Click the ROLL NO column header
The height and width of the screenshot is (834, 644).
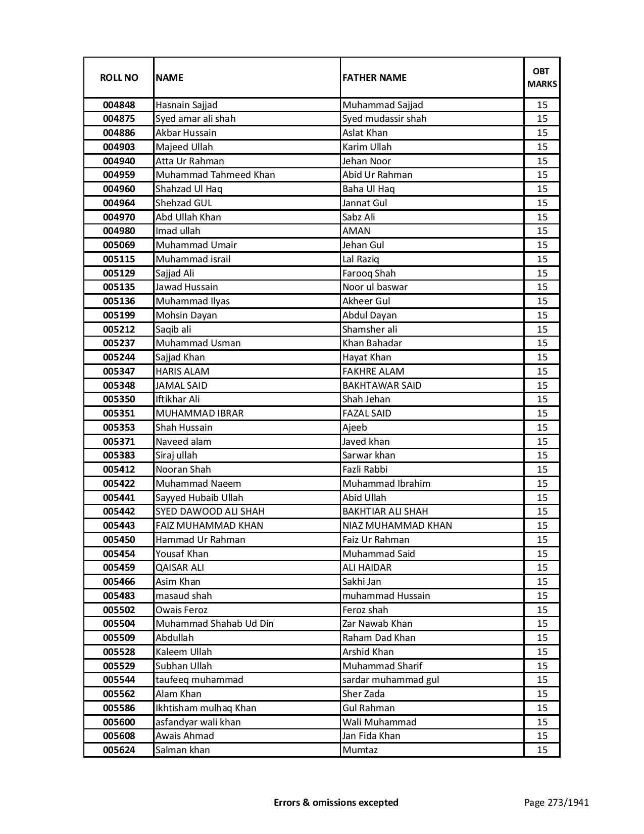(x=119, y=77)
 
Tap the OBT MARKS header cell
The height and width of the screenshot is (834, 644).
(x=542, y=77)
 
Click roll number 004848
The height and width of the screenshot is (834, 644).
(x=119, y=105)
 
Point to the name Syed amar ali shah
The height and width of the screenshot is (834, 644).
(x=195, y=119)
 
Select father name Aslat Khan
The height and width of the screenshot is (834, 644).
(x=365, y=133)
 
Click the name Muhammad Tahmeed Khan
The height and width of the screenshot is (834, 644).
(x=215, y=175)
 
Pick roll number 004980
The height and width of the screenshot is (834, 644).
(x=119, y=231)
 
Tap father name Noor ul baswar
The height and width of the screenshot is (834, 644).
(x=375, y=287)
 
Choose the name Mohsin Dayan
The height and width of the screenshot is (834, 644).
(x=186, y=315)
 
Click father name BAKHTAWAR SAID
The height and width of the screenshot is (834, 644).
(x=382, y=385)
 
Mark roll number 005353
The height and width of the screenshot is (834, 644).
(x=119, y=428)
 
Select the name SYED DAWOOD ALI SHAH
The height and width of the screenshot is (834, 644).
(x=210, y=512)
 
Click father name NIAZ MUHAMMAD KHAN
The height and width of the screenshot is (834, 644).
(x=397, y=526)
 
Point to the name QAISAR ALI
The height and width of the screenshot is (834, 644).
(x=180, y=568)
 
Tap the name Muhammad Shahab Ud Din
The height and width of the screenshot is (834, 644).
(x=215, y=624)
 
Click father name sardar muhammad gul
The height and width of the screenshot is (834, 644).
(x=390, y=680)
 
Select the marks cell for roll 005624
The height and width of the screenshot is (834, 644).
(x=542, y=750)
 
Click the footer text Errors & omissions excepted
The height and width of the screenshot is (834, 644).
(x=336, y=803)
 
